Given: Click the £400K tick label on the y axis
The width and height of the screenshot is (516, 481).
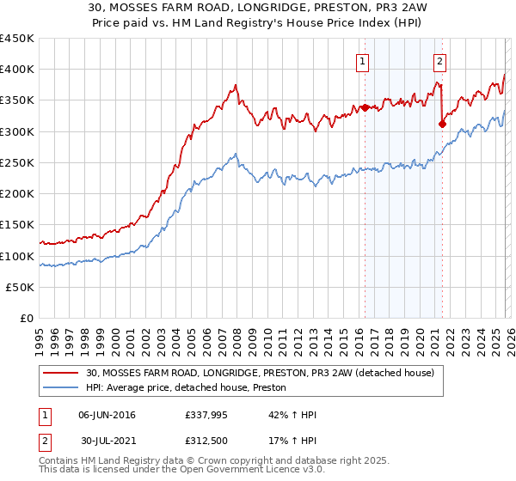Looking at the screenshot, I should [x=17, y=70].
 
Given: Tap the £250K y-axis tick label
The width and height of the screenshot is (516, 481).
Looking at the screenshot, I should [x=17, y=163].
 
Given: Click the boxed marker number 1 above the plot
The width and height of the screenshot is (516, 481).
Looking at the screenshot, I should [x=363, y=61].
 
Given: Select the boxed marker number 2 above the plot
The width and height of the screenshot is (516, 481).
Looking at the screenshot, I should [x=439, y=61].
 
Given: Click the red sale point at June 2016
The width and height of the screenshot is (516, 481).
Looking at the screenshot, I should [x=364, y=107].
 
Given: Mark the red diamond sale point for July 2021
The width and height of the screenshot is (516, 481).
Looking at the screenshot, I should [x=442, y=124].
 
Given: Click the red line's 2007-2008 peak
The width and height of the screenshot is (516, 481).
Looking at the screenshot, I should [x=235, y=85].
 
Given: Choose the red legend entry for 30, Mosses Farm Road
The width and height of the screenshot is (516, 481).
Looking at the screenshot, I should [x=265, y=373].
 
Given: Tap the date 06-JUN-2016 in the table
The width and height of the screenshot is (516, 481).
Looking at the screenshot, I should [x=107, y=415].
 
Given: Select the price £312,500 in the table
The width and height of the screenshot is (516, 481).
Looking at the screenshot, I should [x=209, y=442].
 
